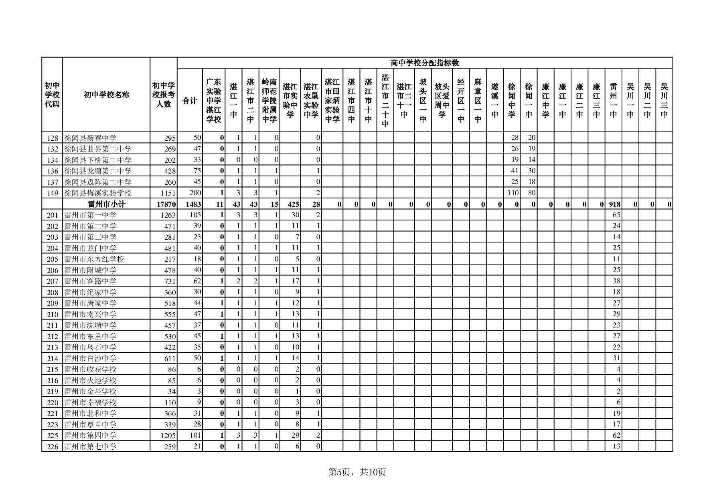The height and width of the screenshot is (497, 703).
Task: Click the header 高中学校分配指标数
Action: tap(425, 63)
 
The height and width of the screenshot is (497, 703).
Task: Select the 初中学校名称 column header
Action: tap(106, 95)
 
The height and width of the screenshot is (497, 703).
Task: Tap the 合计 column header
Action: tap(190, 101)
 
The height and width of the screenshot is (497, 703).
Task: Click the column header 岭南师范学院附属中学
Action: tap(269, 101)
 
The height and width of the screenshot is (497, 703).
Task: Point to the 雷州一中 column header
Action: tap(613, 101)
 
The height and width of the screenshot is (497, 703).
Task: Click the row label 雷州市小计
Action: tap(106, 204)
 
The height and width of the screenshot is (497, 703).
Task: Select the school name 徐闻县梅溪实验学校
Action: tap(98, 193)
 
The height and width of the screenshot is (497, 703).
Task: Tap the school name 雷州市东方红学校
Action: tap(94, 259)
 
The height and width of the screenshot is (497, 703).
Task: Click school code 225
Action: tap(53, 436)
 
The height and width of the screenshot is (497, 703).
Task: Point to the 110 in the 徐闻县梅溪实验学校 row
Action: tap(513, 193)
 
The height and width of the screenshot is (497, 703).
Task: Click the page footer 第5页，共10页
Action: tap(357, 472)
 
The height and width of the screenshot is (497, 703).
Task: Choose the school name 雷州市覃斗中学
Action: tap(90, 424)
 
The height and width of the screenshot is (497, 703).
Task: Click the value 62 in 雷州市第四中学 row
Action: tap(616, 435)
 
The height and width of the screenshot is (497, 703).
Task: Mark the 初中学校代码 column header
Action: tap(52, 95)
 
